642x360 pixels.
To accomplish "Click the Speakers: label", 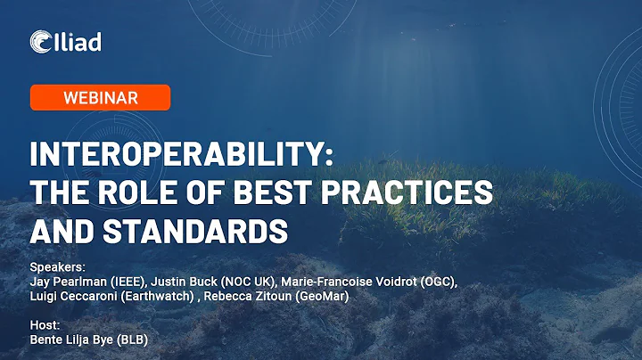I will click(x=56, y=266).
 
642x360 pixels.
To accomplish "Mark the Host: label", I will click(x=45, y=326).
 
